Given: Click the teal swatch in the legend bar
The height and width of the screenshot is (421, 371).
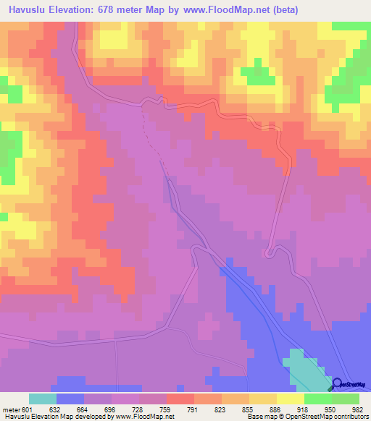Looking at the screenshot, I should coord(43,399).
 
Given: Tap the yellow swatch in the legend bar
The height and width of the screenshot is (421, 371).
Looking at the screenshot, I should coord(291,399).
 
